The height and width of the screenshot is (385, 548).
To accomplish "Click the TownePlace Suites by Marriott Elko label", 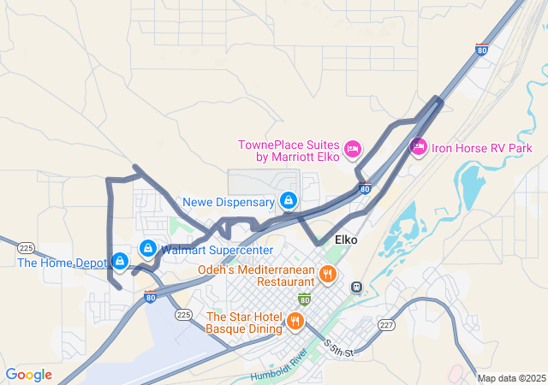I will click(x=289, y=151).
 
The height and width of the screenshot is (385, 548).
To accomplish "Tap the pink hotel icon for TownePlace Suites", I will click(x=352, y=151).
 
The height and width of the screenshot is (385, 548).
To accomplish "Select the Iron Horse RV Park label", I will click(x=481, y=147).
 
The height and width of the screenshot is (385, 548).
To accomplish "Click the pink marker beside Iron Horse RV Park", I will click(x=419, y=147).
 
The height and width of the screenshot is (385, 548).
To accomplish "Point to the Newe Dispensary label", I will click(x=228, y=203).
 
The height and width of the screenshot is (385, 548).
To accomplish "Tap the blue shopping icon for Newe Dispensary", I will click(x=289, y=201).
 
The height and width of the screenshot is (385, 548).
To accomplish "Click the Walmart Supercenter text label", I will click(x=217, y=250).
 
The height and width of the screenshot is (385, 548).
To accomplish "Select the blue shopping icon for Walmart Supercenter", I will click(x=148, y=248).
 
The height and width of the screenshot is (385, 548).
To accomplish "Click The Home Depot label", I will click(x=61, y=263).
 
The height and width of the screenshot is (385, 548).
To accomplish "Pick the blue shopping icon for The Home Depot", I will click(x=120, y=261).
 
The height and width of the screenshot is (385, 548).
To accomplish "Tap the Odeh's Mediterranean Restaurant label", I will click(x=255, y=275).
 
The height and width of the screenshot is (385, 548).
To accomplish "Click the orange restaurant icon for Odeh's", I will click(x=327, y=275).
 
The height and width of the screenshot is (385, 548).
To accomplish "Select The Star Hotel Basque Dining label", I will click(x=243, y=323).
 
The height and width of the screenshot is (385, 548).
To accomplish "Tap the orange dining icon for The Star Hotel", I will click(x=295, y=322).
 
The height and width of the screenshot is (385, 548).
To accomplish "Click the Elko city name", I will click(x=346, y=240).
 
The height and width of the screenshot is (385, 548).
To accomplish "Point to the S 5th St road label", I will click(x=340, y=346).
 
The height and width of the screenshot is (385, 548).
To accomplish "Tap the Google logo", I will click(x=28, y=374).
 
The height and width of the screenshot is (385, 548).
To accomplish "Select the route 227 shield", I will click(x=387, y=324).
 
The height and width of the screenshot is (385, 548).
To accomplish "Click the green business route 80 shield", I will click(x=304, y=299).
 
